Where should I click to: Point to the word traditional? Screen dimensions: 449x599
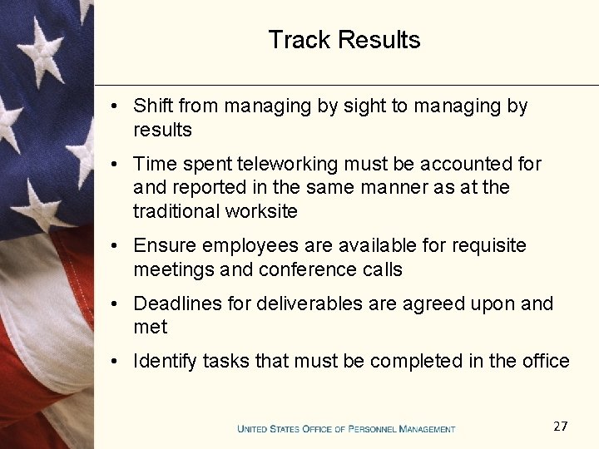click(175, 211)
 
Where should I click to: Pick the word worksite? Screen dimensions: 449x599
click(259, 211)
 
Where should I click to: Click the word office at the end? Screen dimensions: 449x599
click(545, 361)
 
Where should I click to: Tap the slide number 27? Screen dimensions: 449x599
click(560, 427)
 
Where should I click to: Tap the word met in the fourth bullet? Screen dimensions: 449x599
click(151, 328)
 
